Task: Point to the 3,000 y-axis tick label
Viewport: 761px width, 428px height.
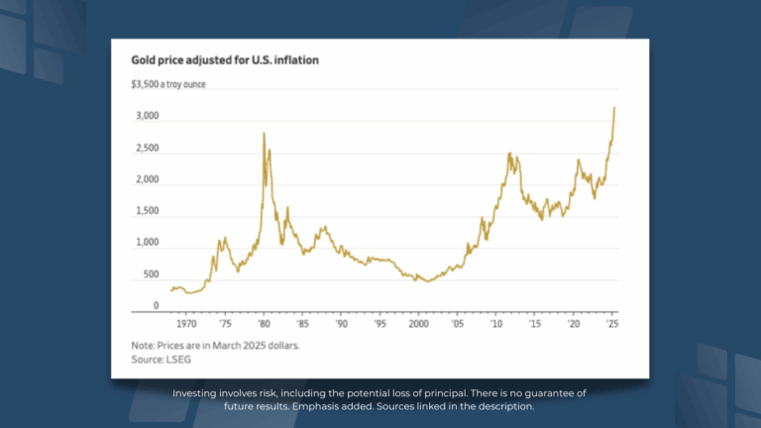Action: (x=146, y=117)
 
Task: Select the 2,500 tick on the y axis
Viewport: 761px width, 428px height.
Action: (x=146, y=149)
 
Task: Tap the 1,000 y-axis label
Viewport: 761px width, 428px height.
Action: (x=146, y=243)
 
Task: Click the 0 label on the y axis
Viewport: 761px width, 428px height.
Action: (x=156, y=305)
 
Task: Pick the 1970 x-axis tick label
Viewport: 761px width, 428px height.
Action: (x=185, y=324)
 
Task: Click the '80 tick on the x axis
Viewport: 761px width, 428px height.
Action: (x=265, y=324)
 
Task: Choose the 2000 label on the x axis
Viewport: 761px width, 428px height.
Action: (x=418, y=324)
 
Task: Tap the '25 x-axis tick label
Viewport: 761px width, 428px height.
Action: (x=612, y=324)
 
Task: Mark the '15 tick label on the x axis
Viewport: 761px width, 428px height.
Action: (x=534, y=324)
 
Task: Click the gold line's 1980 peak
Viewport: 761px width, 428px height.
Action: (x=264, y=133)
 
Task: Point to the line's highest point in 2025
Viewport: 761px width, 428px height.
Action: (x=615, y=107)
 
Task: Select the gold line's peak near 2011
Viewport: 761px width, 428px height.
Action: (x=509, y=154)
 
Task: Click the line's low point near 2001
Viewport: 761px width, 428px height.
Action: (x=428, y=282)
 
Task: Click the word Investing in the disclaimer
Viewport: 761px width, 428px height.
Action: (x=194, y=393)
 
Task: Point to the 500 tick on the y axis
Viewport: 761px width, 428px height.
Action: (x=150, y=274)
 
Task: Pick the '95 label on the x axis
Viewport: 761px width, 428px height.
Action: (x=379, y=324)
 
